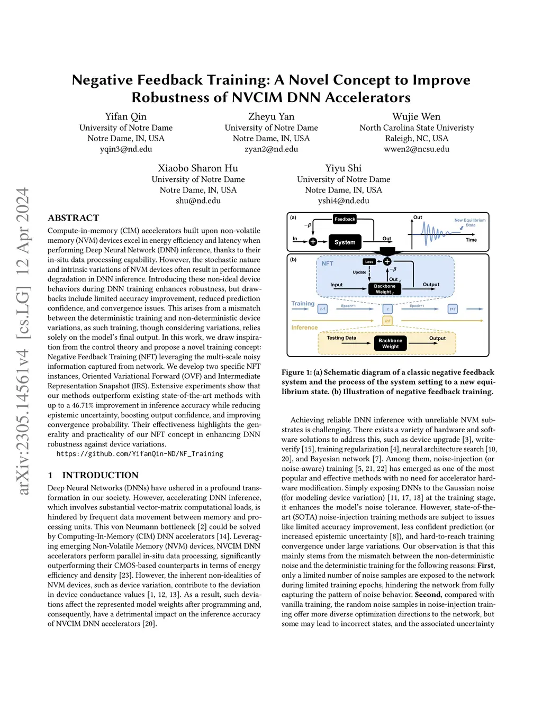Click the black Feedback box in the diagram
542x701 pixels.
(345, 219)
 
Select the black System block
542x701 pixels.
(345, 242)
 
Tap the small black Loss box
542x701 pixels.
(369, 261)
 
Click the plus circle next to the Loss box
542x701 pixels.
(387, 261)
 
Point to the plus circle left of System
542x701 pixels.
(313, 242)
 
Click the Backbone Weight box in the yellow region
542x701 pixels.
(390, 343)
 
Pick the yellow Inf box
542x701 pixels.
(387, 321)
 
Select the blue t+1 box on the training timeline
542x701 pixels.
(453, 309)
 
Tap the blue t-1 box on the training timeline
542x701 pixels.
(322, 309)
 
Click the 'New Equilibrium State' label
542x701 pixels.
(469, 223)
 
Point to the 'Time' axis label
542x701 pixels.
(471, 240)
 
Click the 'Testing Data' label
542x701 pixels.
(341, 338)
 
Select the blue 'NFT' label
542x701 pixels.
(328, 263)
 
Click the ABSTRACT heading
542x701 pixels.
(74, 218)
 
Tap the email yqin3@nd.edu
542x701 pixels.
(126, 149)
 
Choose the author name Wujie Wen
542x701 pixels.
(416, 116)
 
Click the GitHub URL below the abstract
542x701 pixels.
(140, 454)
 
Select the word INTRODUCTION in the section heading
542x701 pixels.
(100, 475)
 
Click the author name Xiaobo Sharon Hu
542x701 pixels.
(198, 168)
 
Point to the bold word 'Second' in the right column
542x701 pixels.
(428, 595)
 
